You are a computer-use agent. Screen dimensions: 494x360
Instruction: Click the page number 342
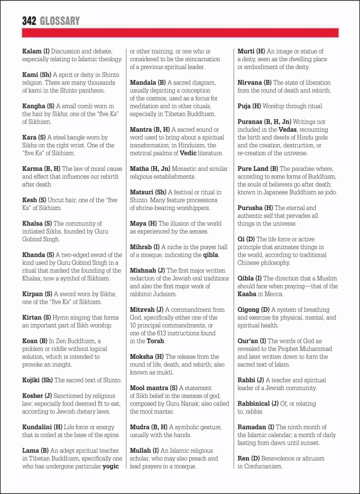pyautogui.click(x=29, y=21)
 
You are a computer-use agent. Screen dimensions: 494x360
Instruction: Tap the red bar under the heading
pyautogui.click(x=180, y=33)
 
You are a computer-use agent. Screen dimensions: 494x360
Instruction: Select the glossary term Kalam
pyautogui.click(x=32, y=51)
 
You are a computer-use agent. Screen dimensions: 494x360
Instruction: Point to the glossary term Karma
pyautogui.click(x=34, y=169)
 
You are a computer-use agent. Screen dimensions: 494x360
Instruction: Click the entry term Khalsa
pyautogui.click(x=34, y=223)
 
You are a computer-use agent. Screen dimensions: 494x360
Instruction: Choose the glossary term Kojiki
pyautogui.click(x=33, y=380)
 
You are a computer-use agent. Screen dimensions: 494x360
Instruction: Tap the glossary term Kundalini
pyautogui.click(x=39, y=427)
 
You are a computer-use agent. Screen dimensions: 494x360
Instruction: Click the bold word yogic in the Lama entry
pyautogui.click(x=111, y=467)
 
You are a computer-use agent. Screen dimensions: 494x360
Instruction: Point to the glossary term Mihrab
pyautogui.click(x=141, y=247)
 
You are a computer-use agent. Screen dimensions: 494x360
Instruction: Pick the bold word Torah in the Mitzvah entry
pyautogui.click(x=155, y=341)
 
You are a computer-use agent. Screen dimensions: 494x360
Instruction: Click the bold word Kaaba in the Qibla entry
pyautogui.click(x=247, y=294)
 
